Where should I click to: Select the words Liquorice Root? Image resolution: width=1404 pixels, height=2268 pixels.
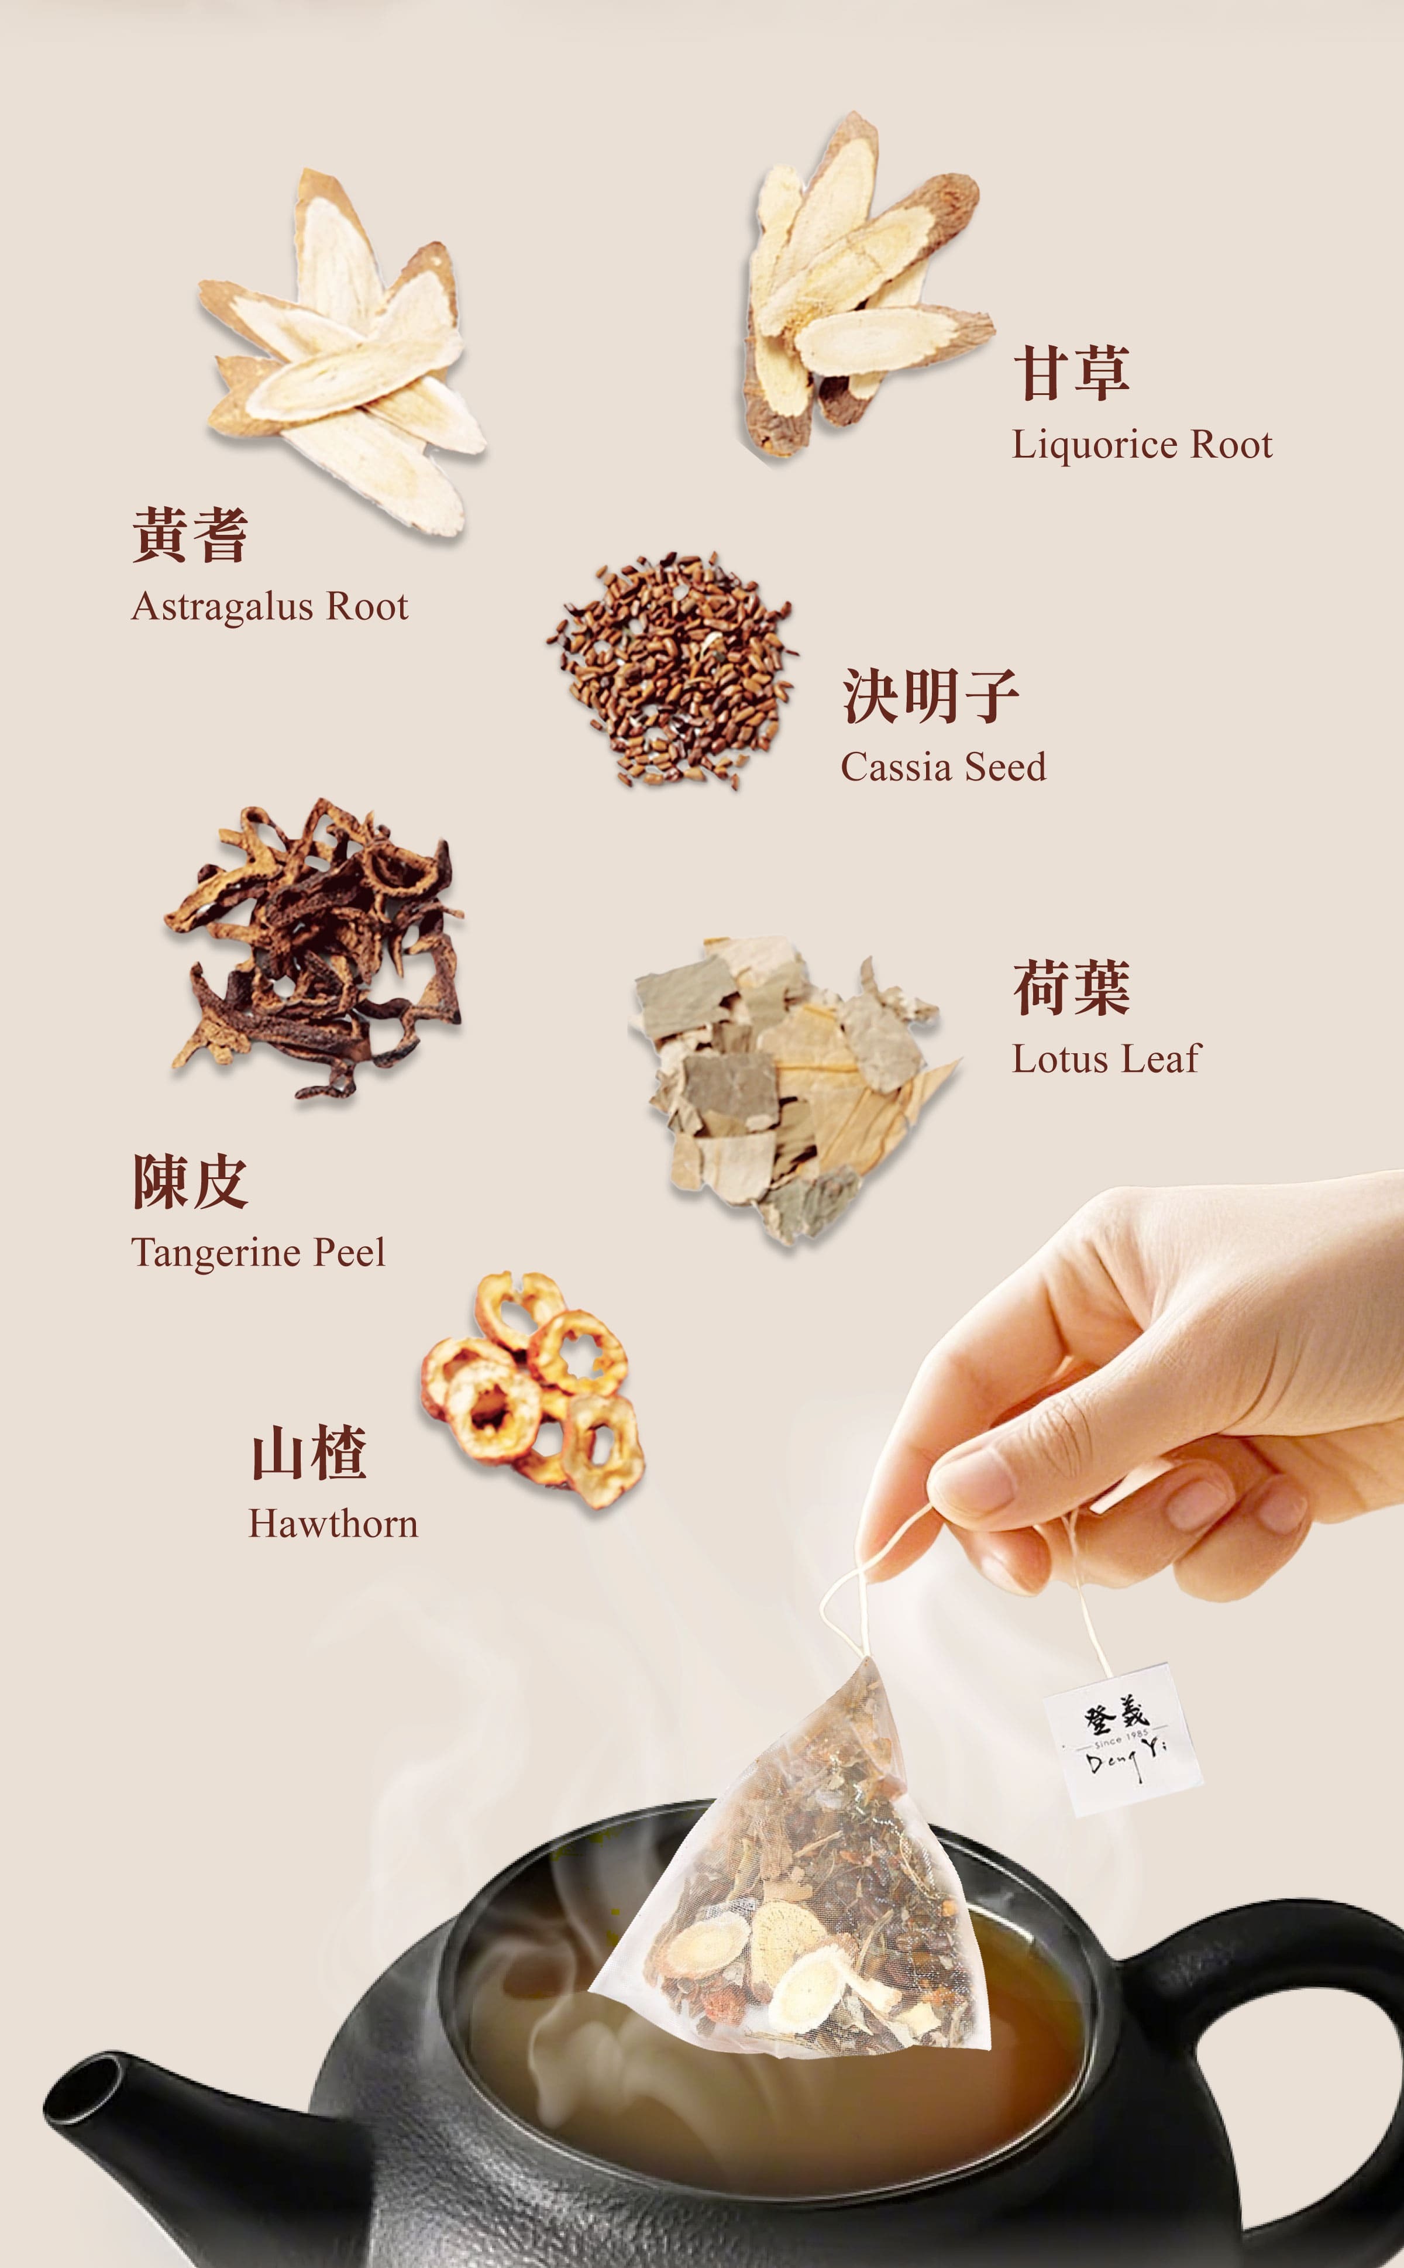(1141, 445)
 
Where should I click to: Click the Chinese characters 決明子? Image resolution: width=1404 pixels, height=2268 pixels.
(930, 696)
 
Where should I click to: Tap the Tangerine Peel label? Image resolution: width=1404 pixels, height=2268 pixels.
(257, 1252)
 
